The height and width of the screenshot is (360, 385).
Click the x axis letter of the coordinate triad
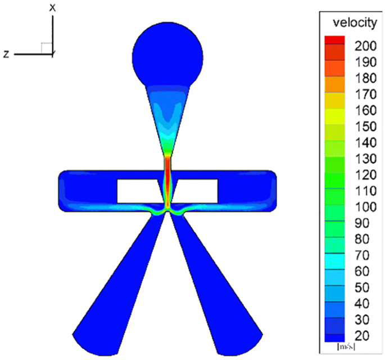tap(52, 7)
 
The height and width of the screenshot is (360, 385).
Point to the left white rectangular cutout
tap(137, 191)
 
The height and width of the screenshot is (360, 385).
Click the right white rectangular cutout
tap(197, 191)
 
